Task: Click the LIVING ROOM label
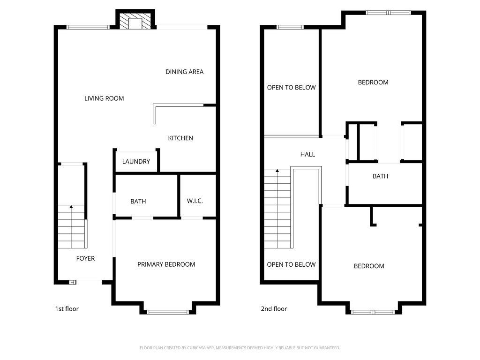pyautogui.click(x=104, y=98)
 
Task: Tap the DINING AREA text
pyautogui.click(x=184, y=72)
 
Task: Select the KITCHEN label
pyautogui.click(x=180, y=138)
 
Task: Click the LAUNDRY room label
pyautogui.click(x=136, y=161)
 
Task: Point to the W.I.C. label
pyautogui.click(x=195, y=201)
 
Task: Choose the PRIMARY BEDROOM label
pyautogui.click(x=166, y=264)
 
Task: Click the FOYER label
pyautogui.click(x=85, y=258)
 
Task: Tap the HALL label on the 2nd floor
pyautogui.click(x=307, y=154)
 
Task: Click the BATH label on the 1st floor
pyautogui.click(x=138, y=201)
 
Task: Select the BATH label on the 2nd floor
pyautogui.click(x=380, y=176)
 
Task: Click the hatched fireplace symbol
pyautogui.click(x=135, y=21)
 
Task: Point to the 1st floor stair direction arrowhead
pyautogui.click(x=71, y=207)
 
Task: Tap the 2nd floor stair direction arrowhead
pyautogui.click(x=277, y=171)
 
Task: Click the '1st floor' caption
pyautogui.click(x=67, y=308)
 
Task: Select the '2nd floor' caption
pyautogui.click(x=274, y=308)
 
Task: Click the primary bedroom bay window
pyautogui.click(x=168, y=312)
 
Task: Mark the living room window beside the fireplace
pyautogui.click(x=88, y=27)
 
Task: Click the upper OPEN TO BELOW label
pyautogui.click(x=291, y=88)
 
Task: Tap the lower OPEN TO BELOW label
pyautogui.click(x=291, y=264)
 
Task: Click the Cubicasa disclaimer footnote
pyautogui.click(x=240, y=348)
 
